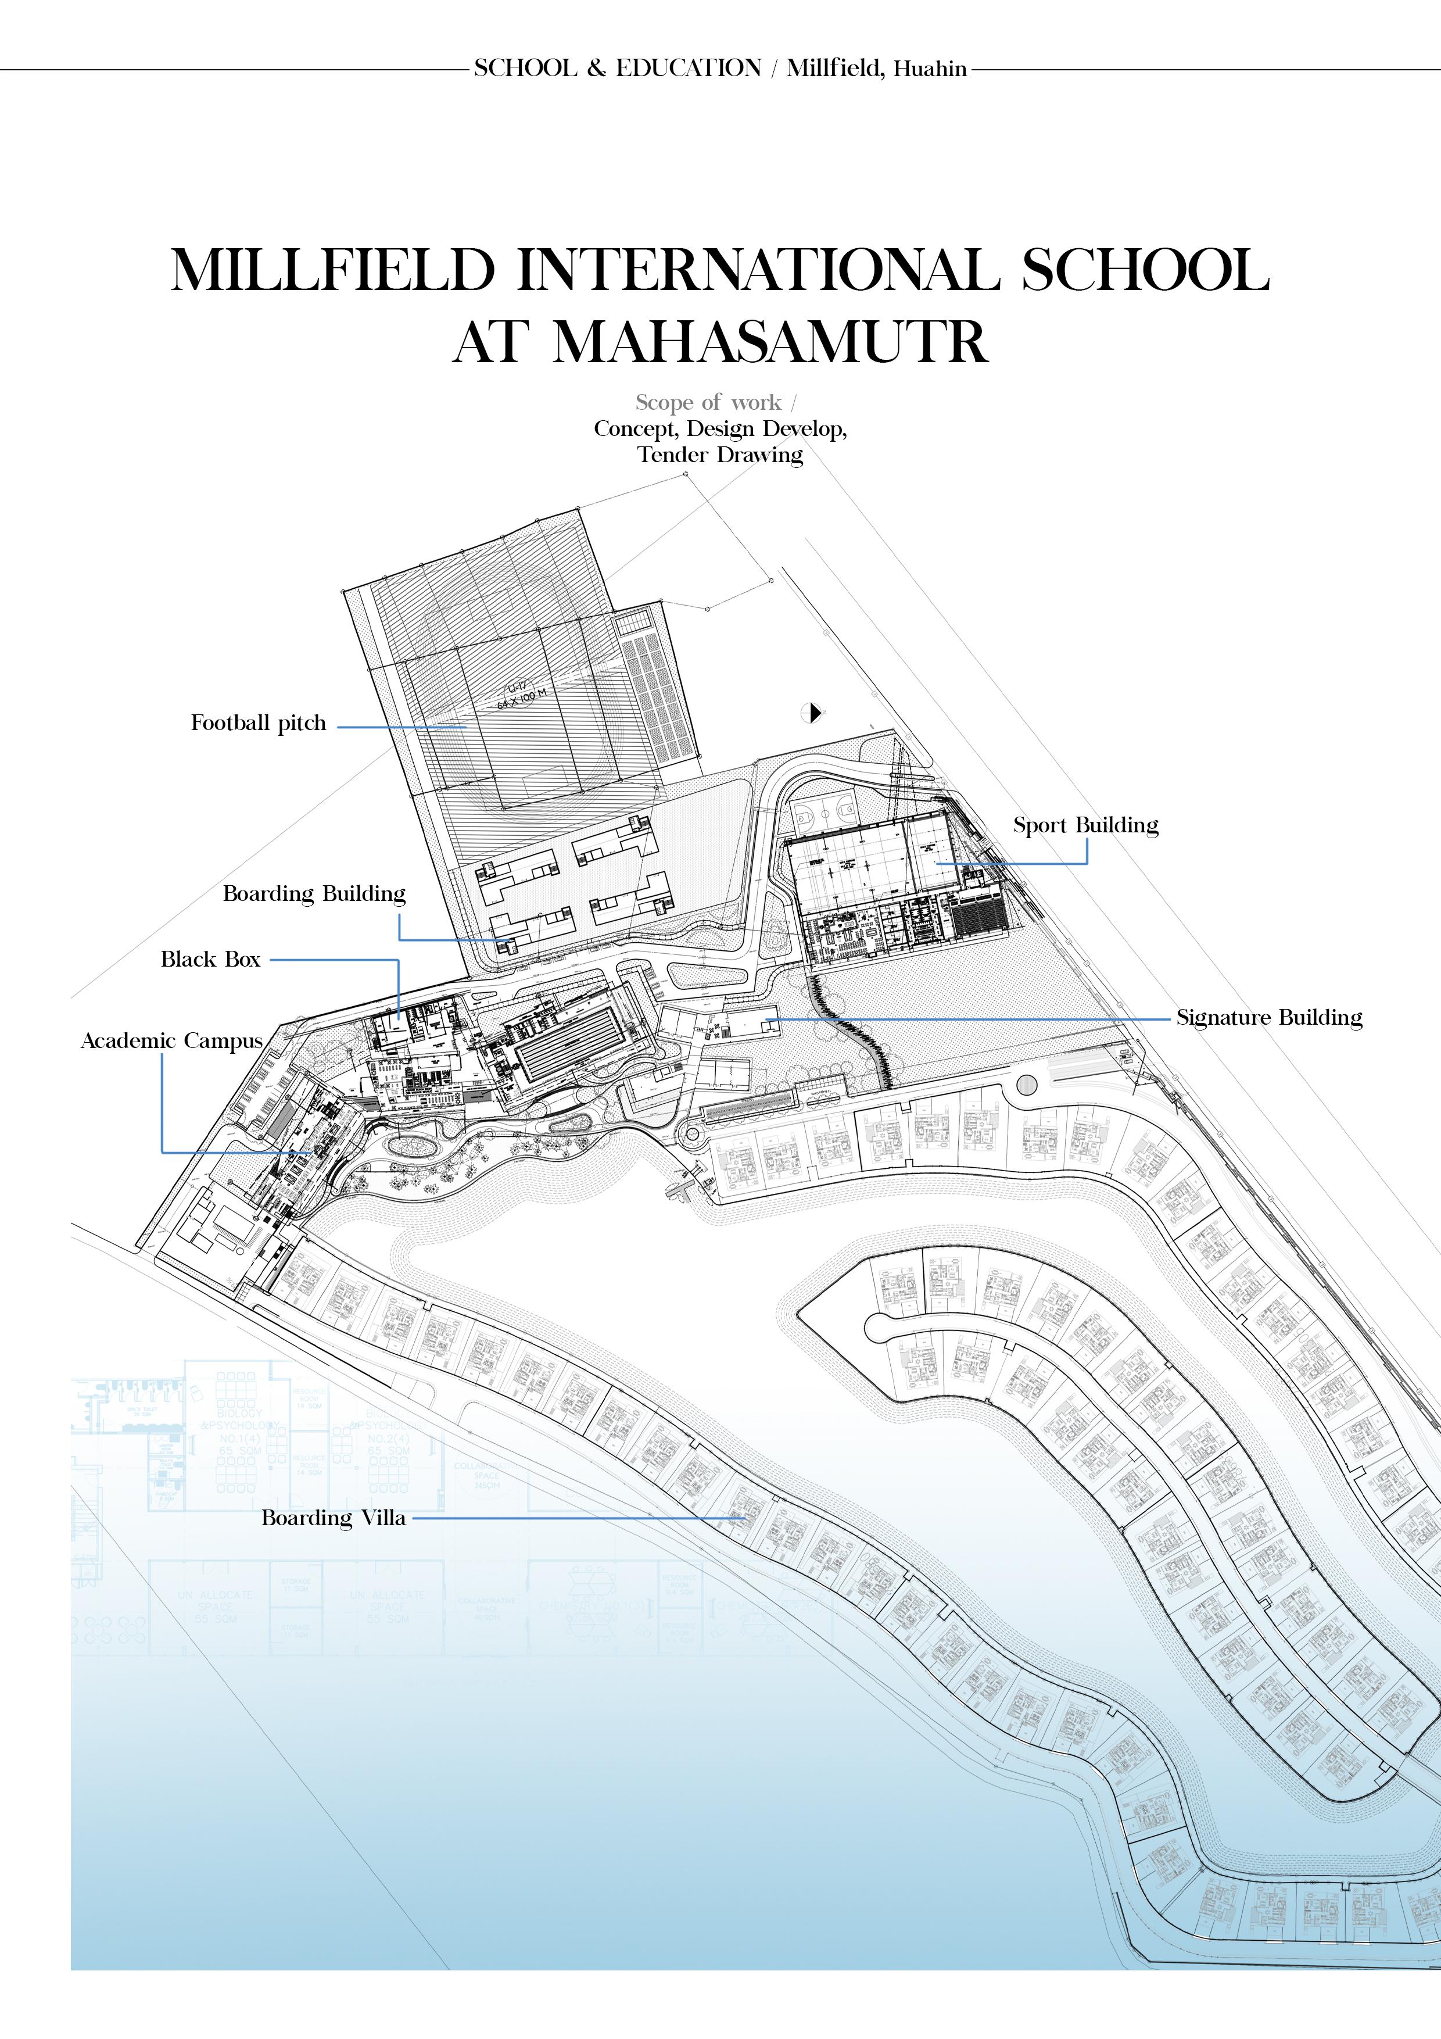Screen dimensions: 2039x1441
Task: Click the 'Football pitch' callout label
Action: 259,723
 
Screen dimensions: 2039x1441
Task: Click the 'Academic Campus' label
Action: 171,1041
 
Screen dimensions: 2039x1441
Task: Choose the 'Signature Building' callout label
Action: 1269,1018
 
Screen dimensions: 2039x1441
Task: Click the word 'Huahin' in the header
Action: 930,69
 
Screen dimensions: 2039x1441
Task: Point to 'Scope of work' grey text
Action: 708,403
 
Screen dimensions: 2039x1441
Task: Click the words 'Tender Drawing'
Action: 720,456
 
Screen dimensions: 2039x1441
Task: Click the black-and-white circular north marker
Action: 812,712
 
